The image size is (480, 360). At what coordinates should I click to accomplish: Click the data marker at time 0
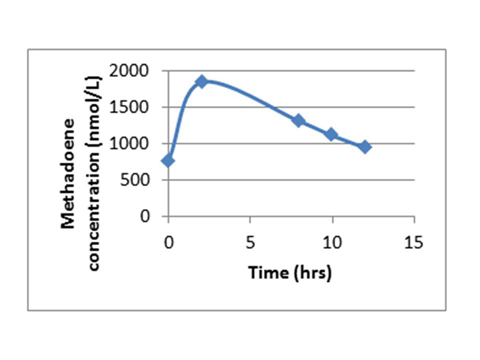(x=168, y=160)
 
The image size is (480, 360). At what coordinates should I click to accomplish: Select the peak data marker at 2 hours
(x=202, y=82)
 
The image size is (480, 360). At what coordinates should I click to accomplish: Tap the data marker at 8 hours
(x=298, y=121)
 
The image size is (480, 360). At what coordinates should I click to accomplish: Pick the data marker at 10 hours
(x=332, y=134)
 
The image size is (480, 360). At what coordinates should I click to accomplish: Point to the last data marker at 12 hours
(x=365, y=147)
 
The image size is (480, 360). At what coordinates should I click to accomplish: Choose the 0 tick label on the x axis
(x=169, y=242)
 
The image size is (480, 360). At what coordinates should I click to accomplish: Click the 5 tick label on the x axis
(x=250, y=242)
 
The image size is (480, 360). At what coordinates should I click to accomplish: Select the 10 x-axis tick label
(x=332, y=242)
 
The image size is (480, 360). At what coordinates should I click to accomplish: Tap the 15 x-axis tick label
(x=413, y=242)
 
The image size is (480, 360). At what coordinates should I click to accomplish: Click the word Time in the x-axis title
(x=263, y=273)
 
